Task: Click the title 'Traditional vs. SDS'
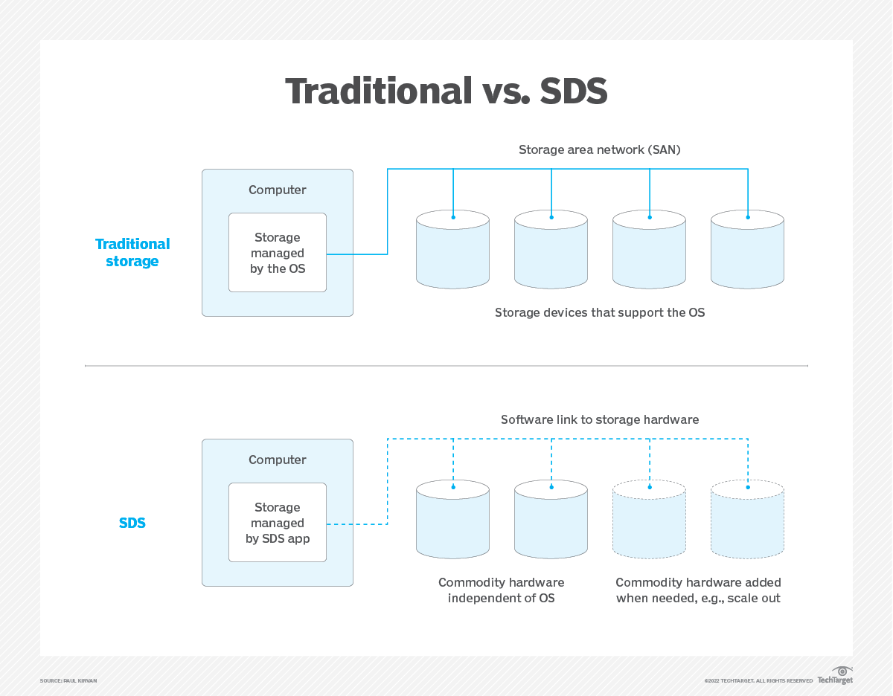(446, 91)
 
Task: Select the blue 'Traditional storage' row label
(132, 253)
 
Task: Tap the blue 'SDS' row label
(132, 523)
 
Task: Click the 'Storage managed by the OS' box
(278, 253)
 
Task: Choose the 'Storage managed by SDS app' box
(278, 523)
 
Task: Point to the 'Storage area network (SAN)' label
(600, 149)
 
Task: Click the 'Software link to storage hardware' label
(600, 419)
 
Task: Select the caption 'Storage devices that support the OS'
(600, 312)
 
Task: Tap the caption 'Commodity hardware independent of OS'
(502, 590)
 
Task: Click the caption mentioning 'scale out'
(698, 590)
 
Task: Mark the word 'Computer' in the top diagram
(278, 190)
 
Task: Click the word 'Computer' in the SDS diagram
(278, 460)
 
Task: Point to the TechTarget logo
(835, 676)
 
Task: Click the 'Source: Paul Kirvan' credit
(68, 680)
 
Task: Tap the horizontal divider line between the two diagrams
(446, 366)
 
